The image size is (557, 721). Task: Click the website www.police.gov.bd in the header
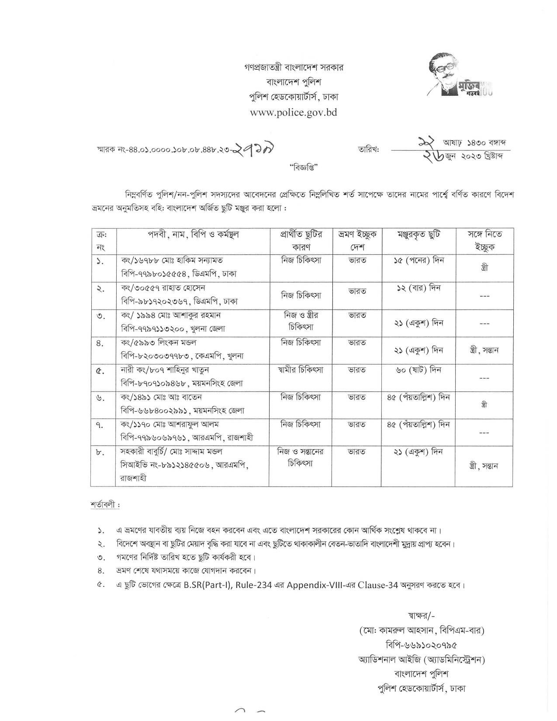tap(294, 112)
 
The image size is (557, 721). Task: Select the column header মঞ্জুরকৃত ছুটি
tap(418, 235)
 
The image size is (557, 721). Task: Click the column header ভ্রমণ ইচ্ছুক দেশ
tap(356, 240)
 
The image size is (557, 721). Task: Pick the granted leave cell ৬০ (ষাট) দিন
tap(418, 370)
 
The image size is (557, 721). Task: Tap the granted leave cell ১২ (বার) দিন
tap(418, 288)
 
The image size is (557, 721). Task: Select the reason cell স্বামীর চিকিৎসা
tap(300, 370)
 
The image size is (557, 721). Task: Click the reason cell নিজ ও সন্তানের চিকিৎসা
tap(300, 457)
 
